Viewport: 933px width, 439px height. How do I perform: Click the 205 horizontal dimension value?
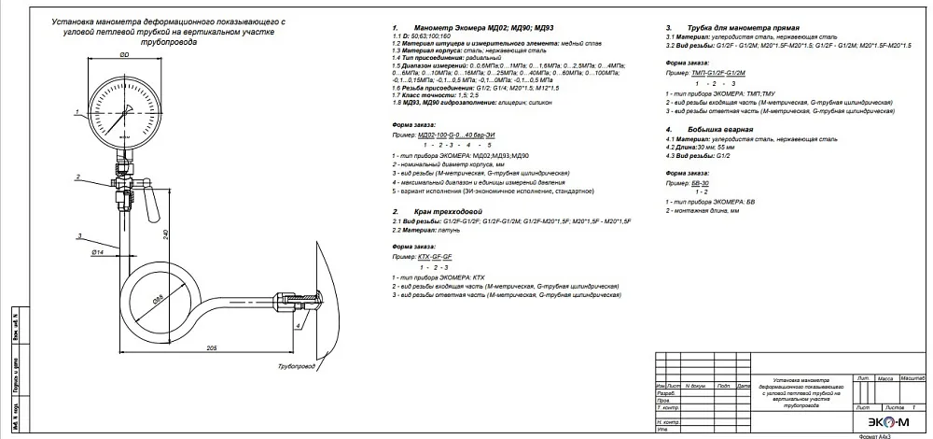pos(211,347)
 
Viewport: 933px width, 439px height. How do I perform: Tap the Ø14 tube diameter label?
pos(97,253)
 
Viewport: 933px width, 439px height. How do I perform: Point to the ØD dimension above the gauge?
pos(125,56)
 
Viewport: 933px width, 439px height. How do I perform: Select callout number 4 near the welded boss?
pos(297,326)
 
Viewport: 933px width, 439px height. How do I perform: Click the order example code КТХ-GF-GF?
pos(435,255)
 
